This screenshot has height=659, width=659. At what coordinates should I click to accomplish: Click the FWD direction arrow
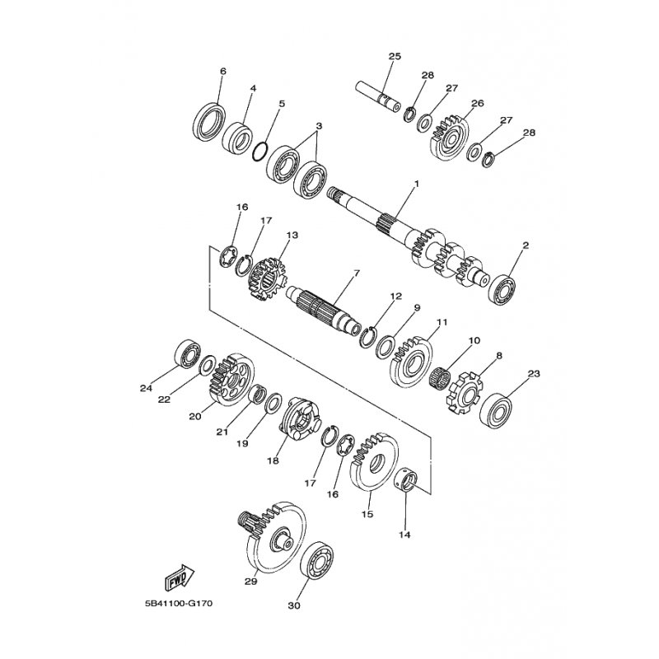[179, 577]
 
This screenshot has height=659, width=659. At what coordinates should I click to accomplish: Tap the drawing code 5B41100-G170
[178, 604]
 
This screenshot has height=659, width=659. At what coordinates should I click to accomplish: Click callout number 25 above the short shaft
[395, 56]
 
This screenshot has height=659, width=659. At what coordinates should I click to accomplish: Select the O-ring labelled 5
[260, 152]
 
